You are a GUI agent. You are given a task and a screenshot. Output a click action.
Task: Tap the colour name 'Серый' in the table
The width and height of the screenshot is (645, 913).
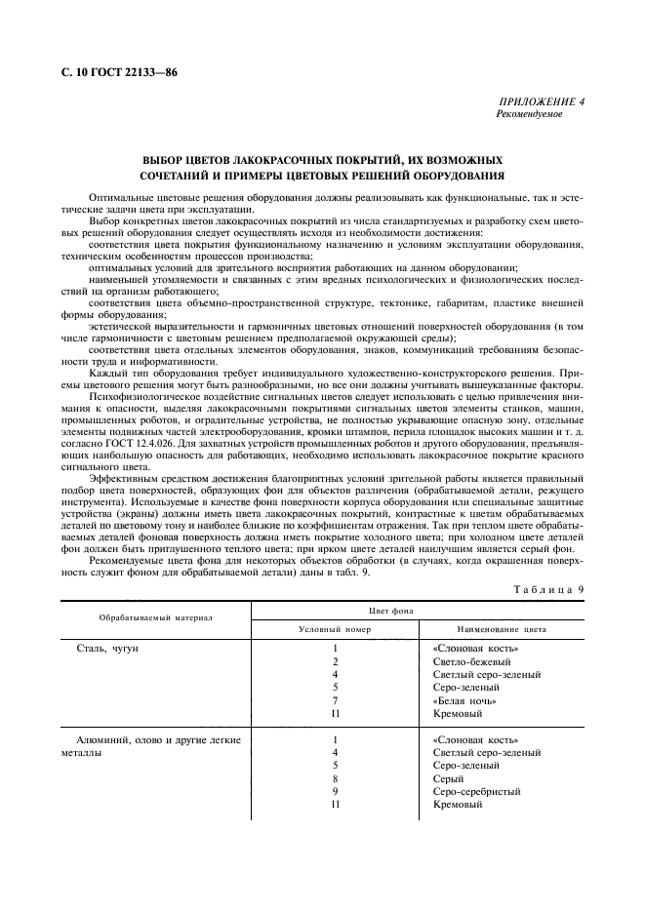pyautogui.click(x=448, y=778)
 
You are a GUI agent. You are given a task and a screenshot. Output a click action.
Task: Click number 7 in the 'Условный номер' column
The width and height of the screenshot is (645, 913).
pyautogui.click(x=335, y=700)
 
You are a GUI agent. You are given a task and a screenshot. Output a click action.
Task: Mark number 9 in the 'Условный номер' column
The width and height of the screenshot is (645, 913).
pyautogui.click(x=335, y=791)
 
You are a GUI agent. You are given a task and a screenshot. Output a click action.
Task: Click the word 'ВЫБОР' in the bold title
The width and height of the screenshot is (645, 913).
pyautogui.click(x=164, y=158)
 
